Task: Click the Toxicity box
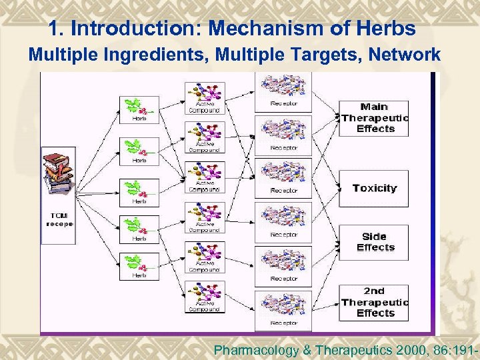tap(373, 189)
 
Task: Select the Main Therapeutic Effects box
tap(373, 118)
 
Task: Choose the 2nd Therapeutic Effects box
tap(373, 302)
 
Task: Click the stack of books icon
tap(59, 177)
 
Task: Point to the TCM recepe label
tap(59, 219)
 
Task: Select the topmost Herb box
tap(139, 109)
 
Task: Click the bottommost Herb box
tap(139, 266)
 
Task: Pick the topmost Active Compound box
tap(205, 99)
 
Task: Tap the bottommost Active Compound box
tap(205, 297)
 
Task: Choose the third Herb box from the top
tap(139, 192)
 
